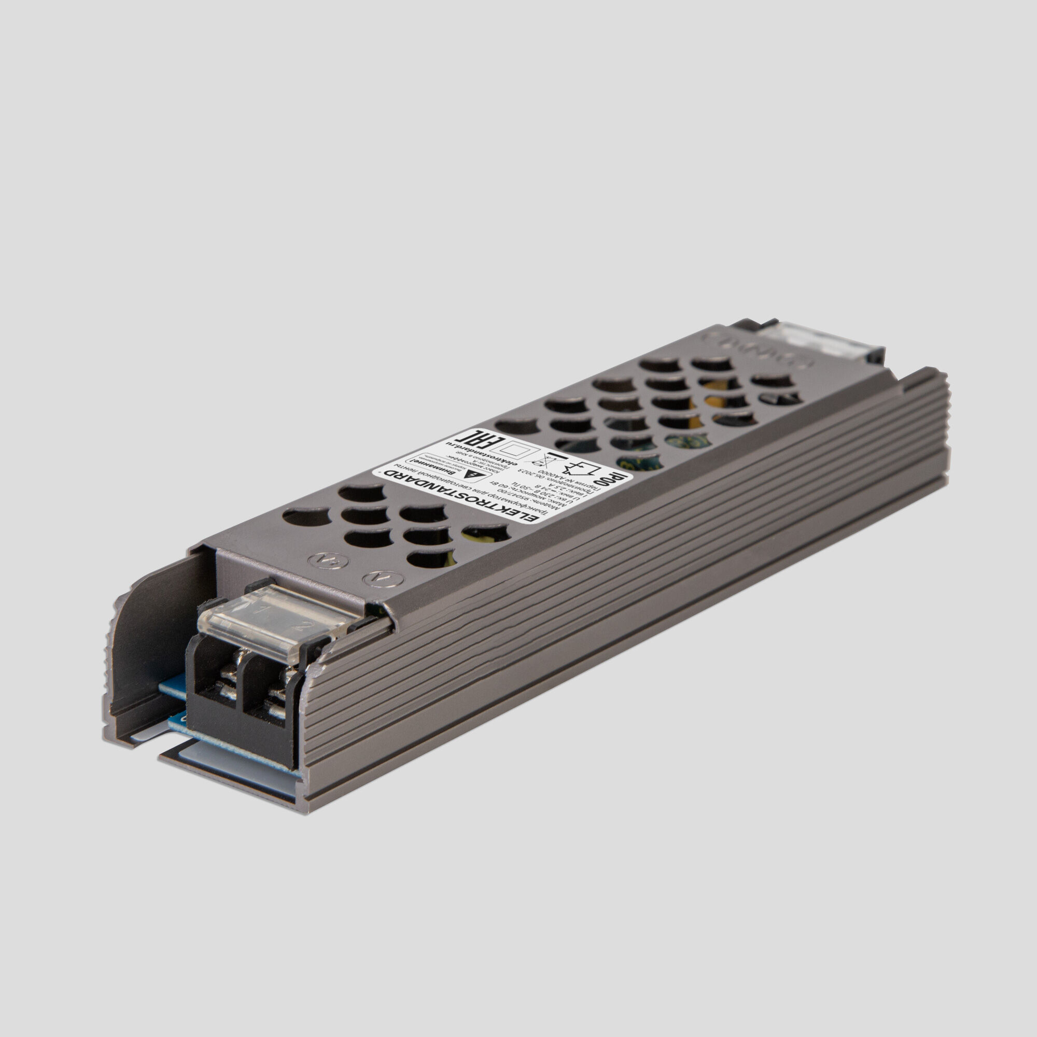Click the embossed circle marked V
click(x=376, y=580)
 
